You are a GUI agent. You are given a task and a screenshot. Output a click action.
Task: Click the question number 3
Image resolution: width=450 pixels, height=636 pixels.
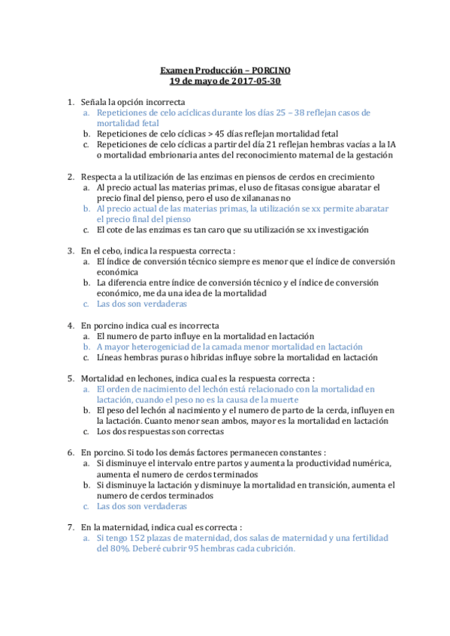tap(70, 250)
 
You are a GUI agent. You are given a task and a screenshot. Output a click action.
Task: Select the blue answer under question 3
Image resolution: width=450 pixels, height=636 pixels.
tap(142, 304)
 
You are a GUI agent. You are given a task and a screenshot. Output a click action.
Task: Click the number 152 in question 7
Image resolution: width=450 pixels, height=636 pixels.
tap(136, 538)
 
